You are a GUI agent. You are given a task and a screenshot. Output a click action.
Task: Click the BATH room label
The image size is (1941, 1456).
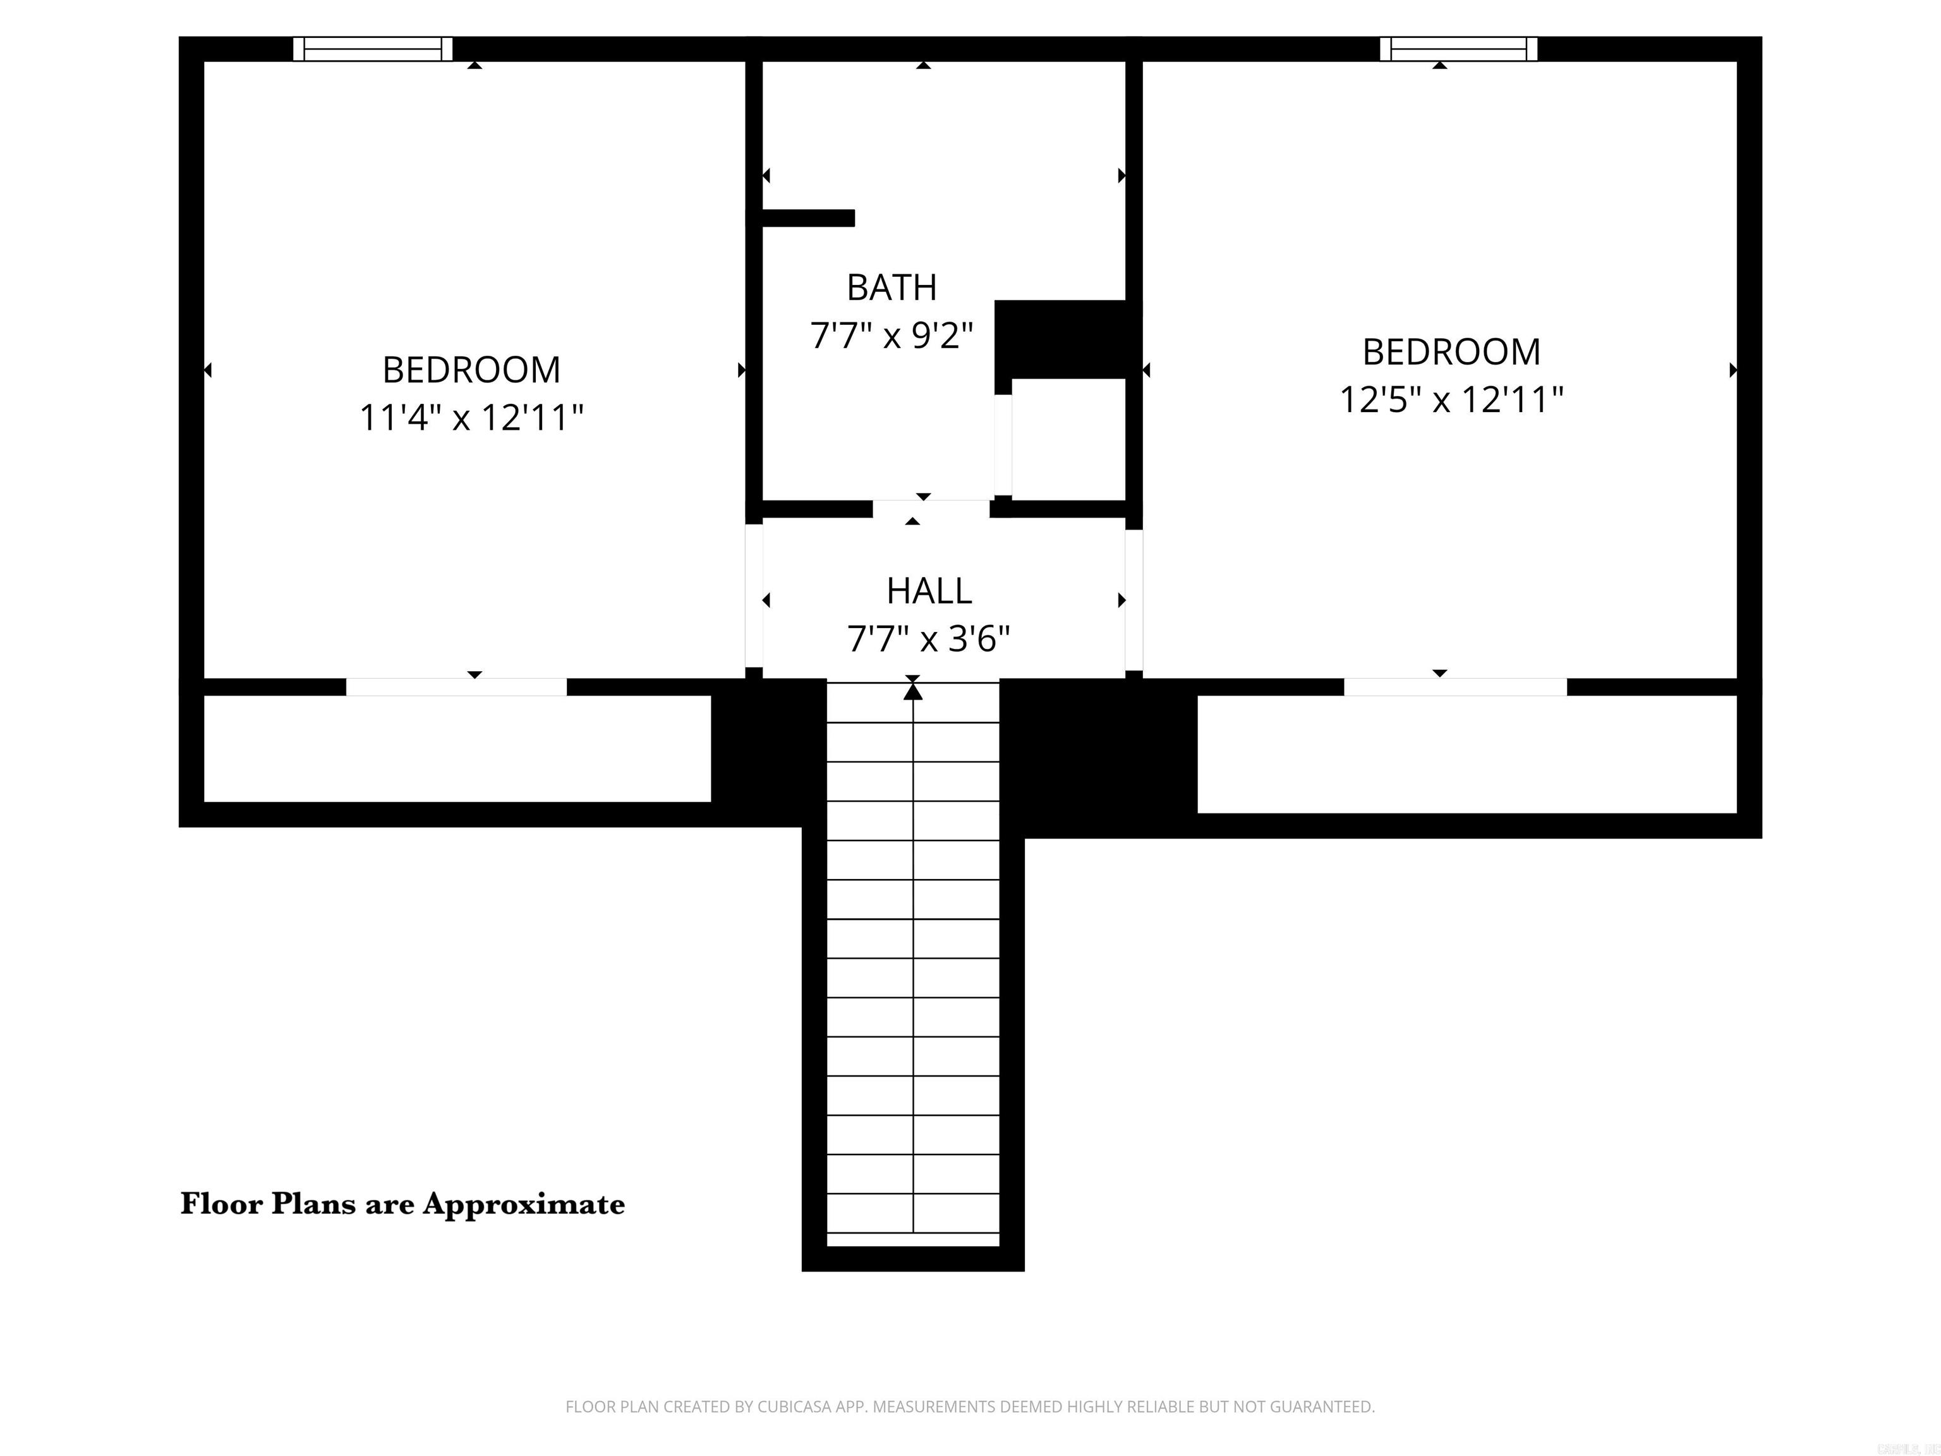coord(891,287)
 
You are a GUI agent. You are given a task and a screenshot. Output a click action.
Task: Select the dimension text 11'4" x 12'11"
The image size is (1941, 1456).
coord(471,418)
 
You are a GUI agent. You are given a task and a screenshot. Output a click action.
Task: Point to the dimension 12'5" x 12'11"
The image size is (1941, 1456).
coord(1451,400)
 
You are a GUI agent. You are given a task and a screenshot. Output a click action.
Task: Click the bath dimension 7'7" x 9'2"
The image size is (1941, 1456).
coord(891,336)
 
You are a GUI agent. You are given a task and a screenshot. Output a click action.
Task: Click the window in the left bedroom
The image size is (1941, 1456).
coord(372,49)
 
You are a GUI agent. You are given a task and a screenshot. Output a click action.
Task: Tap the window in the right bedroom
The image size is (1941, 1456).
coord(1458,49)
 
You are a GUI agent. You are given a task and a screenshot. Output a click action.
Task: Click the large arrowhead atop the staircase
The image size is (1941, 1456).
coord(912,691)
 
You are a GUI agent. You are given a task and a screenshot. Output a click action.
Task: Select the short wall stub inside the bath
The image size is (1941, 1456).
coord(807,217)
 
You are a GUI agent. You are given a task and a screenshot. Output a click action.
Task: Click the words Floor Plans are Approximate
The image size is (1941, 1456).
coord(402,1203)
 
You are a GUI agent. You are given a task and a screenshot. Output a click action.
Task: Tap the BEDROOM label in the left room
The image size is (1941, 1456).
coord(471,370)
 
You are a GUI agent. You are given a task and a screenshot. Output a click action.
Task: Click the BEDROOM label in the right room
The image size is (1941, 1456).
coord(1451,352)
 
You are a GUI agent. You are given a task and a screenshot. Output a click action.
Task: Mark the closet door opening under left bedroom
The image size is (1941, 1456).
coord(456,687)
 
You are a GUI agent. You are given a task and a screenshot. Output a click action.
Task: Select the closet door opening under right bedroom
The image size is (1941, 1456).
coord(1455,687)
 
